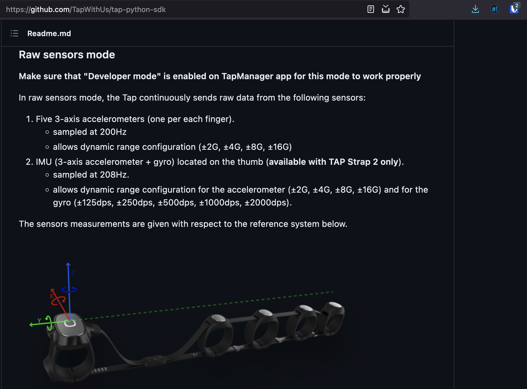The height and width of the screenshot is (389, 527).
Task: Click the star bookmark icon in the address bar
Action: coord(400,9)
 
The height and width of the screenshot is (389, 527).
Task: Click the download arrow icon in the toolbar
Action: coord(475,9)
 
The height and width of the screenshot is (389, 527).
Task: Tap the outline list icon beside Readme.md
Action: coord(14,33)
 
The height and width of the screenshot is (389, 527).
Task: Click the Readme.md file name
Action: coord(49,33)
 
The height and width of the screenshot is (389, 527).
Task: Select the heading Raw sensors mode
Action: coord(67,55)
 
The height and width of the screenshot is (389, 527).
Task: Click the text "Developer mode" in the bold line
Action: coord(122,76)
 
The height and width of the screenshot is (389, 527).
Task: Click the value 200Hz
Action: coord(113,132)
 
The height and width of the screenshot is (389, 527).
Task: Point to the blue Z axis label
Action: coord(72,273)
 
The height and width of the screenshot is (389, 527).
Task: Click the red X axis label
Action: coord(51,296)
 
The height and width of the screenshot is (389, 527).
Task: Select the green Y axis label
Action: coord(39,321)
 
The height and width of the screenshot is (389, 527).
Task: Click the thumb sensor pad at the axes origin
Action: coord(70,324)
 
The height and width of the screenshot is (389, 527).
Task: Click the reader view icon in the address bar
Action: coord(371,9)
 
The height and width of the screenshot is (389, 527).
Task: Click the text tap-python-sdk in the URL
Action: coord(139,10)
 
